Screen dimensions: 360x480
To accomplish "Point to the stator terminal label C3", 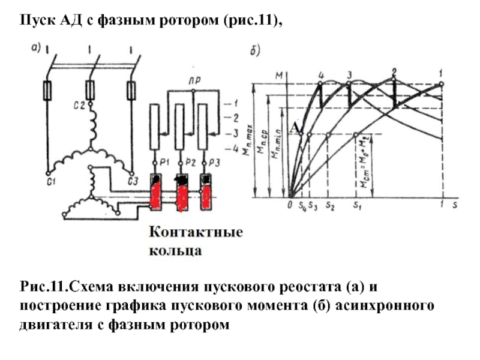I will pos(133,182).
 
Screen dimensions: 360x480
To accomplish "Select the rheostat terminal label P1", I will pos(163,163).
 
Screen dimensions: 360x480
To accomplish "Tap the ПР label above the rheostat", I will pos(193,80).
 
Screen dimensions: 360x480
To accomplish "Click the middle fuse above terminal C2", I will pos(90,91).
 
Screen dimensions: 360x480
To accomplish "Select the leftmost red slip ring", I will pos(155,196).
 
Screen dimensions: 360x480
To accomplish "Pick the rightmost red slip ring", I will pos(205,196).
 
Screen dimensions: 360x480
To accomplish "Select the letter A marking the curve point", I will pos(294,128).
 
